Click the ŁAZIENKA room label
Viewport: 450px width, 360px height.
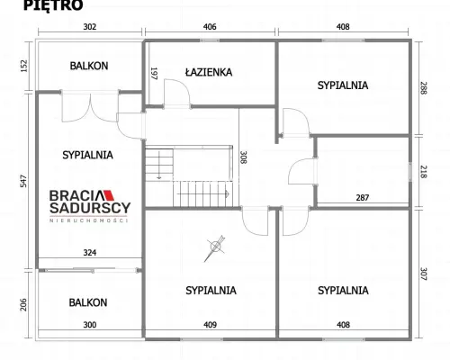click(209, 72)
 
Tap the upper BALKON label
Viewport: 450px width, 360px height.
click(89, 66)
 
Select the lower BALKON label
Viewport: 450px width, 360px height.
click(88, 302)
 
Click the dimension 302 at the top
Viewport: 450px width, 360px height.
click(90, 27)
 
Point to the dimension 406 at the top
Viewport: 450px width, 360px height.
click(210, 27)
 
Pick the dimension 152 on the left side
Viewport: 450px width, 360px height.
click(23, 66)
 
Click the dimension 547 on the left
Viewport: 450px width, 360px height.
click(23, 181)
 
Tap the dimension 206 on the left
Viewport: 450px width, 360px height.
click(23, 304)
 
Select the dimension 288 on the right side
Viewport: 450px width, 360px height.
click(423, 88)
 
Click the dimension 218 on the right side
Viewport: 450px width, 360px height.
click(423, 172)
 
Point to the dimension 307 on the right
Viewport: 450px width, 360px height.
click(423, 274)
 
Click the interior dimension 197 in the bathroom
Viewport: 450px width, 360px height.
click(154, 74)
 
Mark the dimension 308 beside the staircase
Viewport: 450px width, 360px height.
click(243, 157)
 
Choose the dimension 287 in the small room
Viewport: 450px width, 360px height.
click(363, 198)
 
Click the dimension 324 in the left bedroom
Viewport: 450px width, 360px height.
click(90, 253)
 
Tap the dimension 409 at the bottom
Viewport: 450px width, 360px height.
click(210, 325)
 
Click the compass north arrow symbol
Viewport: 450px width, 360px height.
click(215, 247)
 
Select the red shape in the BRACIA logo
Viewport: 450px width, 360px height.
click(109, 195)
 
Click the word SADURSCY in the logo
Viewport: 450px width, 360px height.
click(90, 208)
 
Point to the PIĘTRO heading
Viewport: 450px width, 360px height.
click(53, 5)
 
